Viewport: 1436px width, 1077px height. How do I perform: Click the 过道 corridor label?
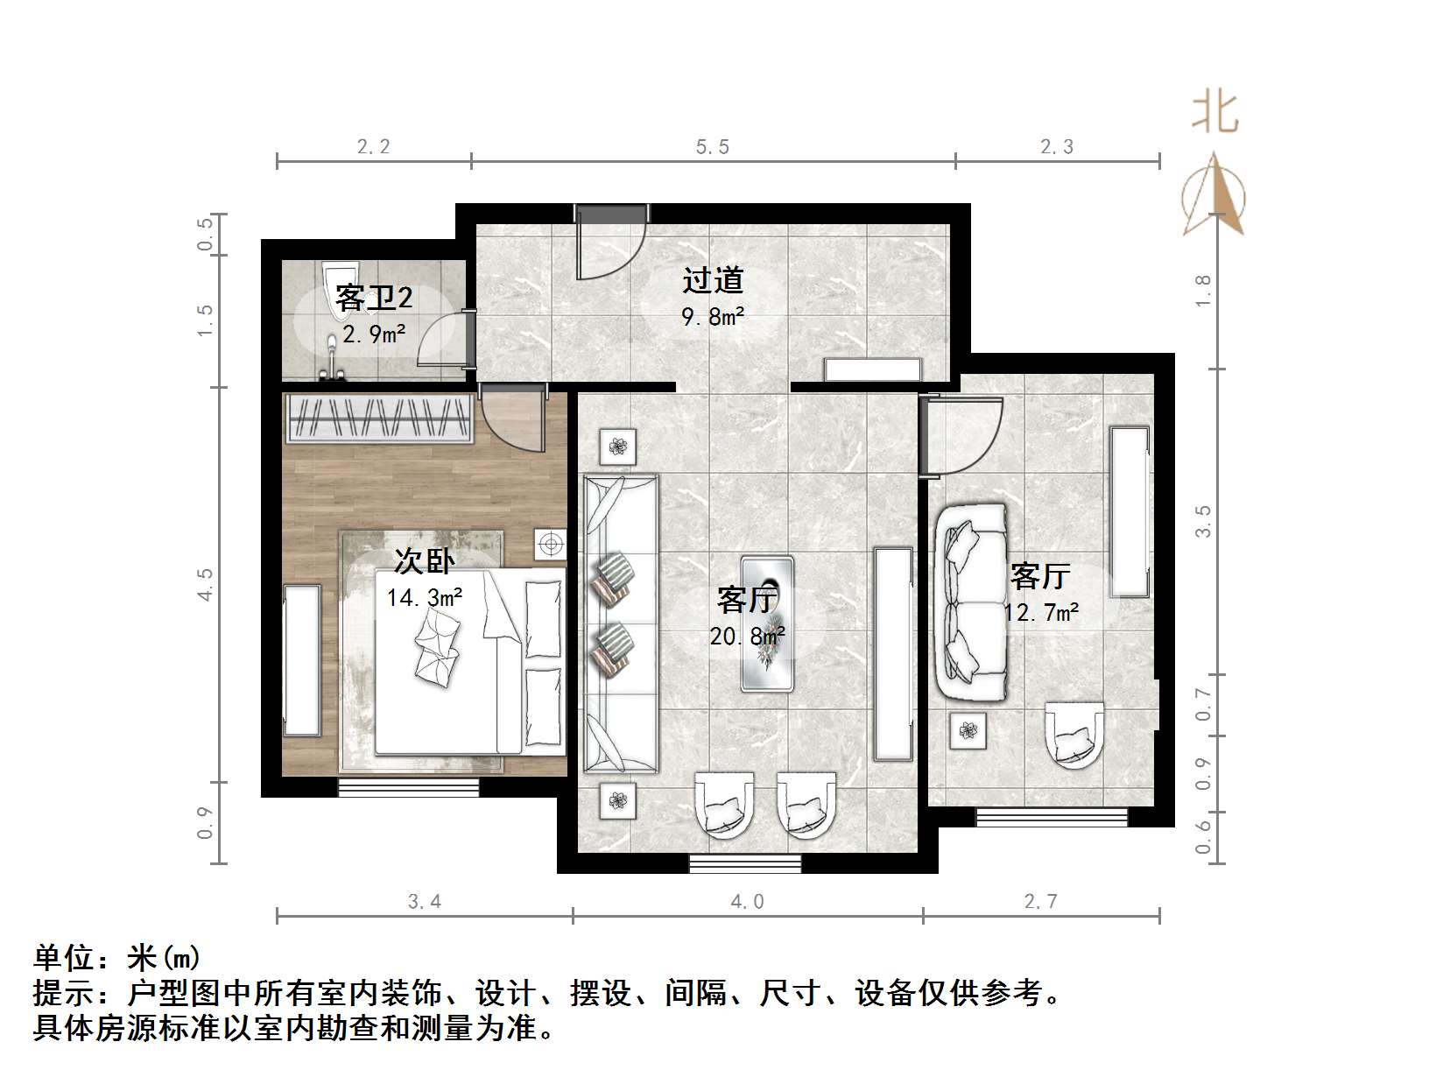coord(713,280)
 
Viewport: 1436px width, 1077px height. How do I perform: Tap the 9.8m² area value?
coord(713,316)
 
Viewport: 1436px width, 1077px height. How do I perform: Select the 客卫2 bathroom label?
coord(374,299)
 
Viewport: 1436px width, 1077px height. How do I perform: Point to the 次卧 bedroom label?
coord(424,561)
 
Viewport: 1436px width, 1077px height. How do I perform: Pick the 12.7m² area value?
coord(1041,612)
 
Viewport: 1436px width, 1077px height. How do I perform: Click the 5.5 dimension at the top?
coord(713,147)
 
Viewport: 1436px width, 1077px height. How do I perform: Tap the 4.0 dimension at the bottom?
coord(747,901)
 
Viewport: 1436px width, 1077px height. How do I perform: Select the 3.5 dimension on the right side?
coord(1204,522)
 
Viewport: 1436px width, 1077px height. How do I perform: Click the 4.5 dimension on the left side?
coord(205,584)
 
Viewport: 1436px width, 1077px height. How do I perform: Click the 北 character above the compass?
coord(1214,113)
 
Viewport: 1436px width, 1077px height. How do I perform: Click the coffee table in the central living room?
coord(767,623)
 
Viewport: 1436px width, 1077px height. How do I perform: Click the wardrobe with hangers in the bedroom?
coord(380,419)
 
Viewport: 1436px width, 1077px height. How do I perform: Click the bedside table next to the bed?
coord(551,545)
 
